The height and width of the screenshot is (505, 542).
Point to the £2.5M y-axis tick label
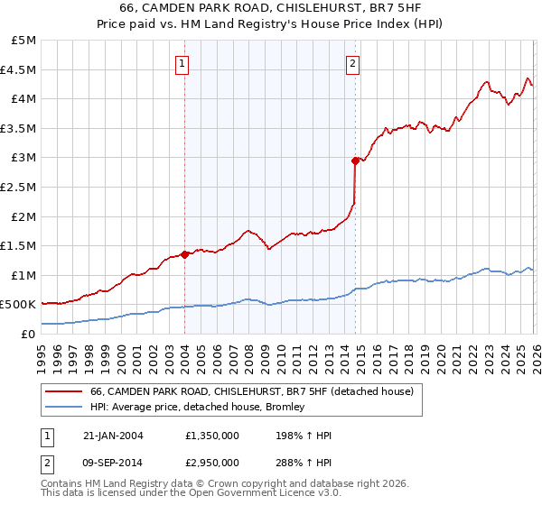point(19,188)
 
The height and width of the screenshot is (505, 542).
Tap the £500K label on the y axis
point(19,305)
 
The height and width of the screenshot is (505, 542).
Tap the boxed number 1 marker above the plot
point(183,63)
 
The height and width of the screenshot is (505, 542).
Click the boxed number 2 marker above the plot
point(351,63)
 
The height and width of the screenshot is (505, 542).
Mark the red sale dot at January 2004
point(184,254)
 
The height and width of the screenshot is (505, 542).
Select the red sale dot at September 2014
point(355,161)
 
